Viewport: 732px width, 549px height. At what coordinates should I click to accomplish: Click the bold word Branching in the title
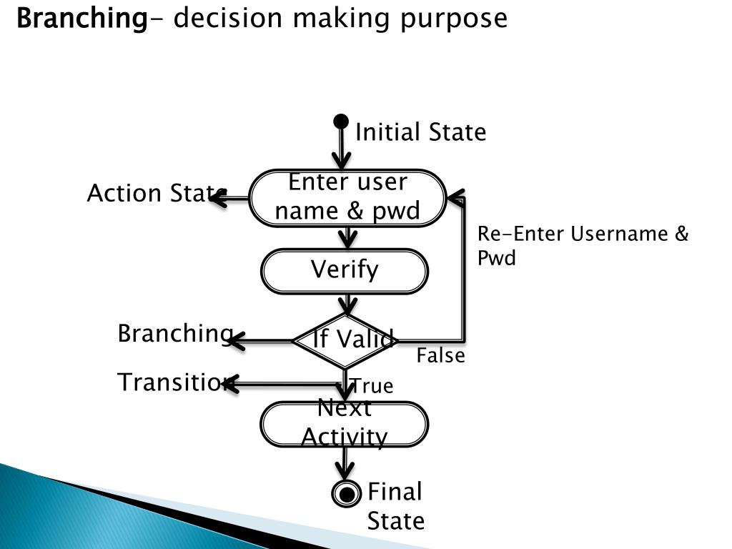click(x=80, y=18)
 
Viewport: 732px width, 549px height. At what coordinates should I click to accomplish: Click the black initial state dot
click(x=342, y=122)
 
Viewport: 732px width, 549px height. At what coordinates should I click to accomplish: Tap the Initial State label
click(x=420, y=132)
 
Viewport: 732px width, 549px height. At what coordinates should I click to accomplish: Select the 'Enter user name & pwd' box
click(x=347, y=197)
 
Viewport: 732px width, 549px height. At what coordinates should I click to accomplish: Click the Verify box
click(x=345, y=270)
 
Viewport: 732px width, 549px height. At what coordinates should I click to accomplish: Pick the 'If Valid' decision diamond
click(x=345, y=340)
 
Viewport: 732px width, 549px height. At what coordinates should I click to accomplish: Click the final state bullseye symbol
click(x=347, y=493)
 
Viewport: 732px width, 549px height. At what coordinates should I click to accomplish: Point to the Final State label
click(x=395, y=506)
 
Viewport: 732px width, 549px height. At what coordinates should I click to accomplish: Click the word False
click(x=440, y=355)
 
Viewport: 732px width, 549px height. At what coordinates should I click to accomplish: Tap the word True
click(x=372, y=386)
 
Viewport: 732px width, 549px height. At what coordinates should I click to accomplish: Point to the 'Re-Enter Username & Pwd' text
click(x=582, y=245)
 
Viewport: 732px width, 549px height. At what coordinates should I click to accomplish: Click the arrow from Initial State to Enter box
click(x=342, y=150)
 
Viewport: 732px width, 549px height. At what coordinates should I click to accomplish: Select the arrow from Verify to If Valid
click(x=347, y=304)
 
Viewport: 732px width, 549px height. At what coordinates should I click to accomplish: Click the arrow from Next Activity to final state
click(x=345, y=463)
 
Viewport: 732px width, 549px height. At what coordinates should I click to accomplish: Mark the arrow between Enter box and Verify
click(x=347, y=238)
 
